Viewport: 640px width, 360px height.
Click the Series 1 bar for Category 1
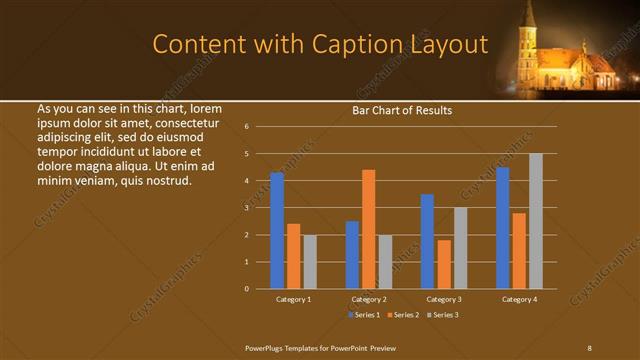[277, 230]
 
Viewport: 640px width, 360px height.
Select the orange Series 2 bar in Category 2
[368, 229]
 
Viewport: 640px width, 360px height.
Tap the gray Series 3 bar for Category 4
[536, 221]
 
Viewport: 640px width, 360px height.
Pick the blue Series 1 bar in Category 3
[427, 241]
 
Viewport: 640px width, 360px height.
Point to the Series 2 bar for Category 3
[444, 264]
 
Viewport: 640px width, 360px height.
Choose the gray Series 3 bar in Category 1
[310, 261]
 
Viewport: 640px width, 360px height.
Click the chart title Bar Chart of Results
[402, 110]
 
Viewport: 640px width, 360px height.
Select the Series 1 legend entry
[362, 315]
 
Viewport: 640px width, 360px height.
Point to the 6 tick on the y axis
[246, 127]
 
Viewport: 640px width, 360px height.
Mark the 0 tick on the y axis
[246, 289]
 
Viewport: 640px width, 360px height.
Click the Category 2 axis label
[369, 299]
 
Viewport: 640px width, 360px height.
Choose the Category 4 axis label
[519, 299]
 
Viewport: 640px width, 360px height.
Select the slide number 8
[590, 347]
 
